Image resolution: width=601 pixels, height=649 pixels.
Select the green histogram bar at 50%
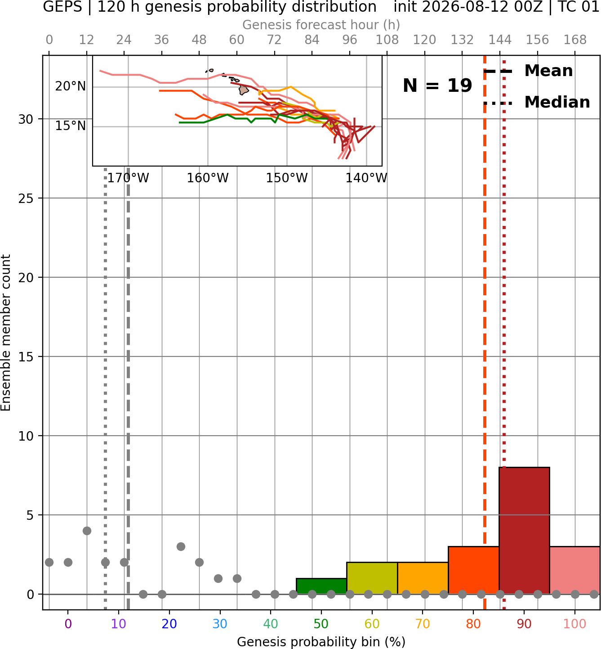tap(321, 586)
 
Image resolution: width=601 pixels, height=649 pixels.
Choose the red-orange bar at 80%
tap(473, 570)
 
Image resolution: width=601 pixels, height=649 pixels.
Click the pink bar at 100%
tap(575, 570)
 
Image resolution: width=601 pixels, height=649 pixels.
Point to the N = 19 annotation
tap(437, 86)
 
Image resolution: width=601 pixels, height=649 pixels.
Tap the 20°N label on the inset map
tap(70, 86)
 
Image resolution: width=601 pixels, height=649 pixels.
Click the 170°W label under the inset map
tap(128, 178)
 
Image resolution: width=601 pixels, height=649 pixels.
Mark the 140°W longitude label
tap(366, 178)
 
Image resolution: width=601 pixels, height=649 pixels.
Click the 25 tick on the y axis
tap(26, 198)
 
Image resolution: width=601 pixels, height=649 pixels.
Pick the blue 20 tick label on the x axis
tap(169, 624)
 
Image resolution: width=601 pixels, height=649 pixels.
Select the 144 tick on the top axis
tap(500, 40)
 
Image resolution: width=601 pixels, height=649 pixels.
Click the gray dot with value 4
tap(87, 531)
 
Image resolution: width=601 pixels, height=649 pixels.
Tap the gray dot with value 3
tap(181, 546)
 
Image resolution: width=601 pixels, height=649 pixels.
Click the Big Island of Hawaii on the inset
tap(243, 90)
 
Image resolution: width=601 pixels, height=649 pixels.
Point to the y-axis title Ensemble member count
tap(6, 333)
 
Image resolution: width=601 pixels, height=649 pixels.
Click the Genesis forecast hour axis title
tap(321, 25)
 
